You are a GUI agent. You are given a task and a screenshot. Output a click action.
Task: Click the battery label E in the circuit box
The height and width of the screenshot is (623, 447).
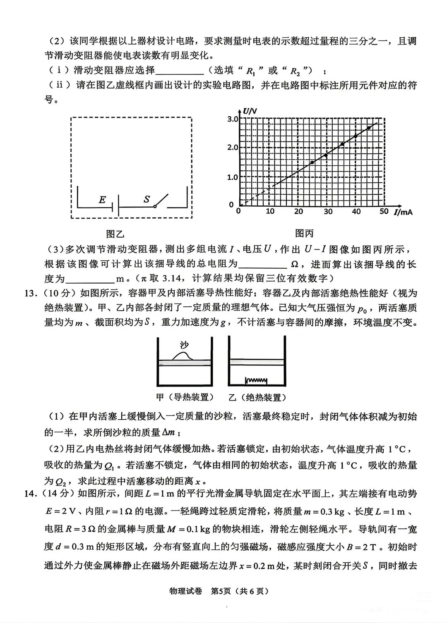coord(102,200)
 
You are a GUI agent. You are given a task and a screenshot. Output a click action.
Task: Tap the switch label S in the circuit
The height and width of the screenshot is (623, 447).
coord(147,199)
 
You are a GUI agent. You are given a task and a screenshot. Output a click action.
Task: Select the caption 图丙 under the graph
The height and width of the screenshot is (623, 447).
coord(304,234)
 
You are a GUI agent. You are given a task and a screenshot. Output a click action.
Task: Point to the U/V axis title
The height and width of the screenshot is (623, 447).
coord(250,111)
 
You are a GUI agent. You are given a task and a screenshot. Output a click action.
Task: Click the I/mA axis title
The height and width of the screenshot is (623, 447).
coord(403,212)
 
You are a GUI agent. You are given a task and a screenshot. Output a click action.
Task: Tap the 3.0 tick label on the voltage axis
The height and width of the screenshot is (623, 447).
coord(233,119)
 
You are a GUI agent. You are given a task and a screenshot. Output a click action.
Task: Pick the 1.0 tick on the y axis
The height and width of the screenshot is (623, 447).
coord(233,177)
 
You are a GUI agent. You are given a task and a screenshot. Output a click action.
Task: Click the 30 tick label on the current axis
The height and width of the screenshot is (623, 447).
coord(328,211)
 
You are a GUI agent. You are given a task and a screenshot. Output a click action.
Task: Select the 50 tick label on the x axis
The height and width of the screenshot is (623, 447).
coord(384,211)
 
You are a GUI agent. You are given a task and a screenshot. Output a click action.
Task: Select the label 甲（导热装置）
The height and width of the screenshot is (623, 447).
coord(185,398)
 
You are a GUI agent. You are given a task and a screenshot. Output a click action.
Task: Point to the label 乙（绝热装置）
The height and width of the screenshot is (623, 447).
coord(257,398)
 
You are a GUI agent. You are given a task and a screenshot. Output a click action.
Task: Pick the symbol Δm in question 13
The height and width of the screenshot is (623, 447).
coord(171,433)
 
